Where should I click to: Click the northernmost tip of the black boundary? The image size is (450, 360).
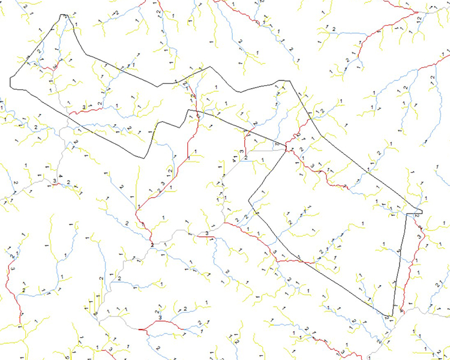point(63,14)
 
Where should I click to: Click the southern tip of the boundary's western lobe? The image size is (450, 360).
point(144,157)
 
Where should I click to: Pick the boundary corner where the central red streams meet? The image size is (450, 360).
point(286,147)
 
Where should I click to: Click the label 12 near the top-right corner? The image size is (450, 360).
point(418,20)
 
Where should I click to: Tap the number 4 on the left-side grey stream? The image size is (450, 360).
point(61,175)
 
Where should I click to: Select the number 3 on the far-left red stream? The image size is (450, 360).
point(13,269)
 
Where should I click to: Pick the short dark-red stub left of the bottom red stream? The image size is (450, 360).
point(142,329)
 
